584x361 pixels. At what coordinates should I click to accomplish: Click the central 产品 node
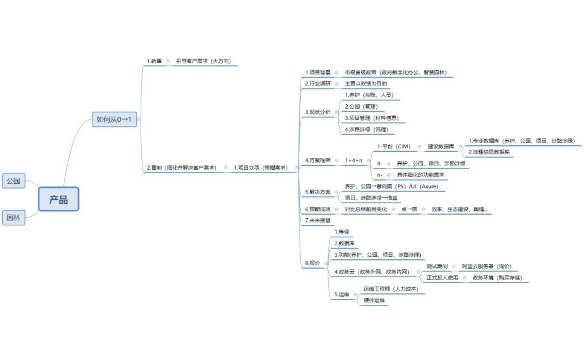[58, 199]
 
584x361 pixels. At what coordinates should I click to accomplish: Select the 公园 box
[14, 181]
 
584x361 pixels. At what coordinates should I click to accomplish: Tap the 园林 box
[14, 218]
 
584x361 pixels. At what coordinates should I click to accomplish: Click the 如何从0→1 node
[114, 119]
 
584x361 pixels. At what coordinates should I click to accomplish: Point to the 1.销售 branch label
[154, 61]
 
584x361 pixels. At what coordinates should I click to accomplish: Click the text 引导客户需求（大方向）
[203, 61]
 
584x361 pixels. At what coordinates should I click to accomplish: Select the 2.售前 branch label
[181, 168]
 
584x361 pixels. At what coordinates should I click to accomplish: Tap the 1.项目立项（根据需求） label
[261, 168]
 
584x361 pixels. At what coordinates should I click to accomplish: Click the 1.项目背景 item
[317, 72]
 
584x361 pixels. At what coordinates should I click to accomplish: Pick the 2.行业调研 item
[317, 83]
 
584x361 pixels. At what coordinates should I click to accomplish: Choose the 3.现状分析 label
[317, 112]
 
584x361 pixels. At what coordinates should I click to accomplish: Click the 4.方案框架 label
[317, 160]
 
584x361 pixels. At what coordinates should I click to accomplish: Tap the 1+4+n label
[355, 160]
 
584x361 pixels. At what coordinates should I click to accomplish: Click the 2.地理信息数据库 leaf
[489, 152]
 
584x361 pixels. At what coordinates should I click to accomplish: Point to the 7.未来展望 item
[317, 220]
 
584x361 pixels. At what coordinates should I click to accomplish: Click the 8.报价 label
[313, 263]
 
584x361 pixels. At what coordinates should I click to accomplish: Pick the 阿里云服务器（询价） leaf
[487, 266]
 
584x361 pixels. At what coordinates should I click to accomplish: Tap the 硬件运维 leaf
[374, 300]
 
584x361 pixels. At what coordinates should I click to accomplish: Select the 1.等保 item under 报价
[342, 232]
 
